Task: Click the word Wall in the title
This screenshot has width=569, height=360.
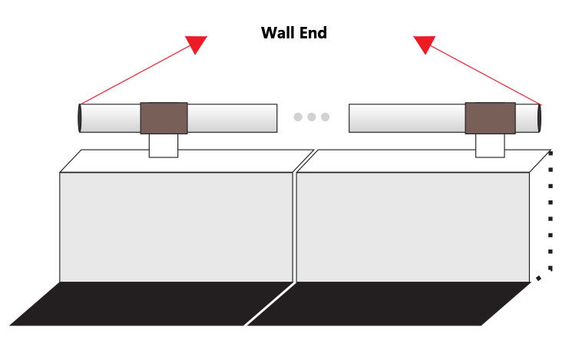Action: (x=279, y=33)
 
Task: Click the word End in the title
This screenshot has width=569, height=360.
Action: (x=313, y=33)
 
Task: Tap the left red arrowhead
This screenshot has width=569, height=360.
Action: (x=197, y=44)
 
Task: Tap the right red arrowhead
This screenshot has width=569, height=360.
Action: (x=424, y=44)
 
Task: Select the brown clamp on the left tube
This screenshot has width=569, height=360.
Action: (x=164, y=118)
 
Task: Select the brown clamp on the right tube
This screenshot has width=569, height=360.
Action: (x=490, y=118)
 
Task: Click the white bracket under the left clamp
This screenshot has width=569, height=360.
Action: (x=164, y=146)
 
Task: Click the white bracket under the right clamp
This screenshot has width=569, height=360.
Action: (x=490, y=146)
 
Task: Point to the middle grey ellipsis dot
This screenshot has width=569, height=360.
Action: (x=311, y=117)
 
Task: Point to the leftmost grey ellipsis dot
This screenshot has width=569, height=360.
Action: (x=298, y=117)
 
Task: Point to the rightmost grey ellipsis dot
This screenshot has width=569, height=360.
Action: (x=325, y=117)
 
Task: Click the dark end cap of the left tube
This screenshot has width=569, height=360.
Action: (x=80, y=118)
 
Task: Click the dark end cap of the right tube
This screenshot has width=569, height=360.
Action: (x=540, y=118)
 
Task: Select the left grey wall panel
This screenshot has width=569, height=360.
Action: (x=176, y=226)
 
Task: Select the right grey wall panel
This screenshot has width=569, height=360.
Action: (x=413, y=226)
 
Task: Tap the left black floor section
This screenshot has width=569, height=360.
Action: (x=151, y=304)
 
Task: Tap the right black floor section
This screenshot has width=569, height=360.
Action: (x=389, y=304)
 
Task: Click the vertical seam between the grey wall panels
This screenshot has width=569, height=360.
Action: (x=295, y=226)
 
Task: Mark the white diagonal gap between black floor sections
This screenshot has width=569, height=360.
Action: (x=270, y=304)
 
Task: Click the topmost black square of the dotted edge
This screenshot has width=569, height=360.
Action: (x=551, y=154)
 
